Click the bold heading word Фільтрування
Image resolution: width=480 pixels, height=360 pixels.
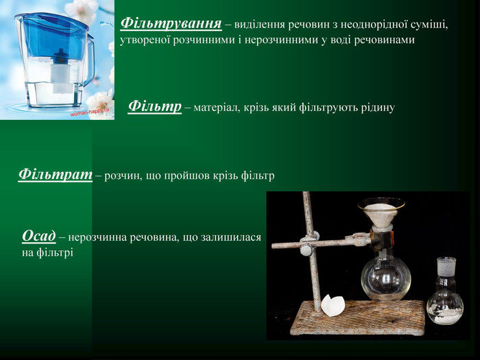171,23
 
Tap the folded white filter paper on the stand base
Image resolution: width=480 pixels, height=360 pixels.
334,304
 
